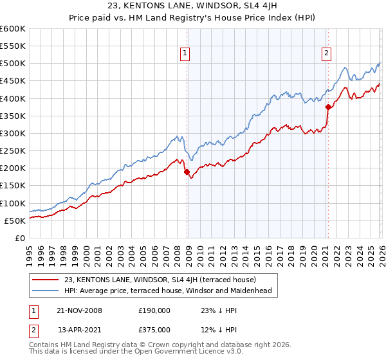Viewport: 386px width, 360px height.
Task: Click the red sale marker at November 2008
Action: pyautogui.click(x=187, y=172)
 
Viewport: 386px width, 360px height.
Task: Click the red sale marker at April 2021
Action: pyautogui.click(x=328, y=107)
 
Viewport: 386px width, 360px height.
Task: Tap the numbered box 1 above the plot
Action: pyautogui.click(x=185, y=53)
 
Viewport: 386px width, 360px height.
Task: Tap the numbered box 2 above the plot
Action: pyautogui.click(x=326, y=53)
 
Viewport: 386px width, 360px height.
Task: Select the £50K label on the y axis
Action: pyautogui.click(x=15, y=221)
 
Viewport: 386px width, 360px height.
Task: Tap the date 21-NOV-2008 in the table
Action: pyautogui.click(x=79, y=310)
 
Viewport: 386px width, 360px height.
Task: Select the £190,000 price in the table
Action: pyautogui.click(x=154, y=310)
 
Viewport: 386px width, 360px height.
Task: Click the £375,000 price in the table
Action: pyautogui.click(x=154, y=330)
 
